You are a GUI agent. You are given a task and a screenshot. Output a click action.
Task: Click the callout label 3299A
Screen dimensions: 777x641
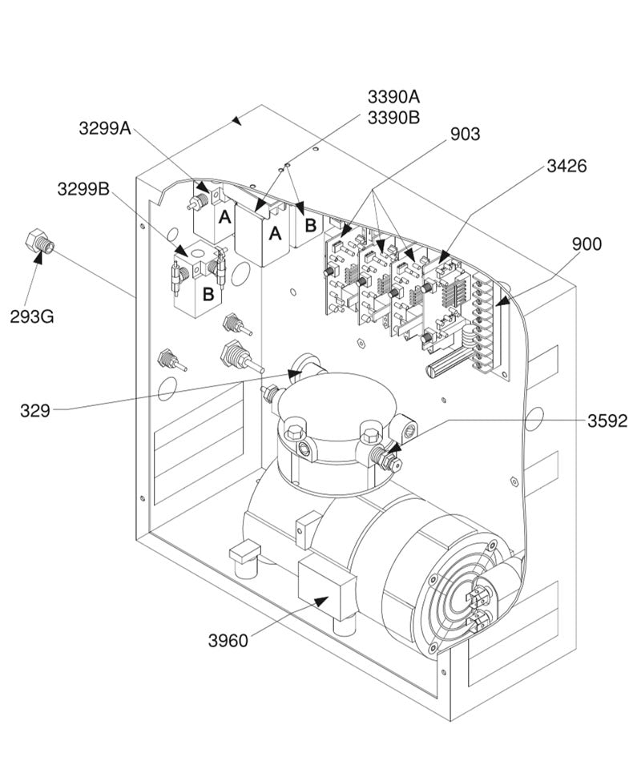point(105,127)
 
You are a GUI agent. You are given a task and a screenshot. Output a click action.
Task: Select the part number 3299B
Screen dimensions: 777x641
point(83,190)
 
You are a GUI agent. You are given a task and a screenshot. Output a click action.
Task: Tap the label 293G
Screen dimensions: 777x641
point(32,316)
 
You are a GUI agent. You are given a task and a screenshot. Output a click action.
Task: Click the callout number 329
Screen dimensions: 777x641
point(35,411)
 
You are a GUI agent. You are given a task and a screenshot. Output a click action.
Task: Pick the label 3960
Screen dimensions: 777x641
point(228,641)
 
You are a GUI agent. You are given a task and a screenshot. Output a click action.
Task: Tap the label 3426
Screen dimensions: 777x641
point(566,167)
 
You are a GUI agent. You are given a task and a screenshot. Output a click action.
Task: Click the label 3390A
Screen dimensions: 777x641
point(393,97)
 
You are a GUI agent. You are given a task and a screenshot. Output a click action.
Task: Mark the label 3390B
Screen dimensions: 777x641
point(393,118)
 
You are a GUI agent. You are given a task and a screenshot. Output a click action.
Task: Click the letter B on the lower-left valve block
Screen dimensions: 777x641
point(208,293)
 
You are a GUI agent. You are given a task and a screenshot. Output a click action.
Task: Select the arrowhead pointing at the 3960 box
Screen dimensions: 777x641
point(320,601)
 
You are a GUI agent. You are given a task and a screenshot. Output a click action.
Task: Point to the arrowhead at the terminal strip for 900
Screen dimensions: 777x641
point(502,302)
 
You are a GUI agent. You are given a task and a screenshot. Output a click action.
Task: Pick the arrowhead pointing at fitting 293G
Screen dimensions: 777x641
point(37,257)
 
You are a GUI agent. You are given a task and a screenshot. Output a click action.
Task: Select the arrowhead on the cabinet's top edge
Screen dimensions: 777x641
point(236,121)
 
